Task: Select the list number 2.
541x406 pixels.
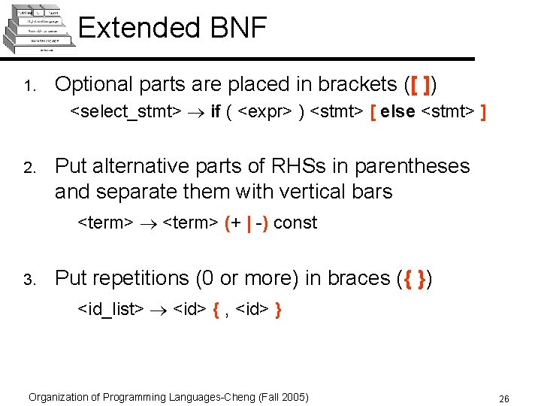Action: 26,168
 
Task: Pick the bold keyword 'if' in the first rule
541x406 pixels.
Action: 216,112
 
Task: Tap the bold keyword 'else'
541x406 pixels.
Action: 397,112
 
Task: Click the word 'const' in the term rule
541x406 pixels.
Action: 295,223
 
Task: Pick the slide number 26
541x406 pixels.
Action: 503,398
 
